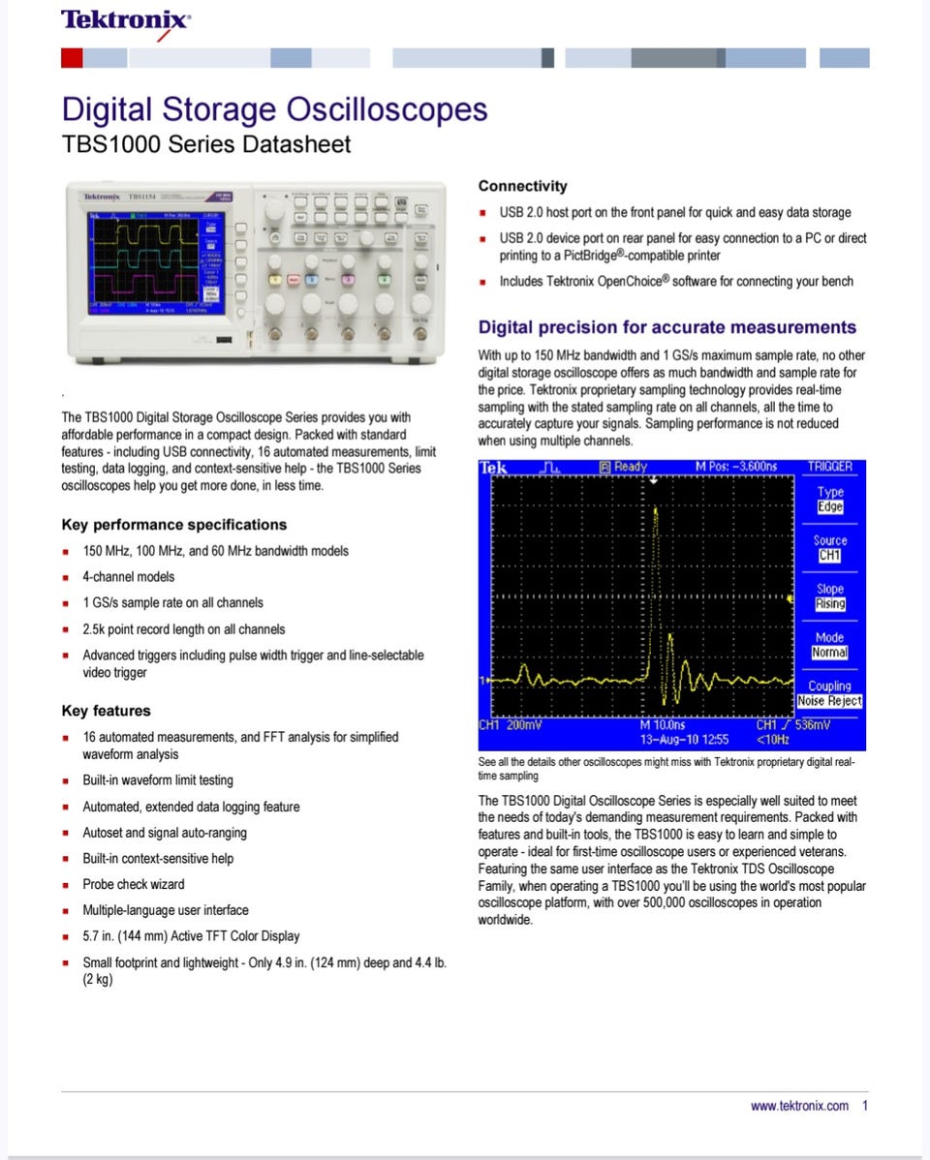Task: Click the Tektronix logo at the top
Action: tap(125, 21)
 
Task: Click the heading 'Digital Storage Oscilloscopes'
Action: tap(274, 109)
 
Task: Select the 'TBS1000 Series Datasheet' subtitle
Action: tap(205, 145)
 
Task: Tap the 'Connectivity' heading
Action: tap(522, 186)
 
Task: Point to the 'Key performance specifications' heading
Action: tap(174, 525)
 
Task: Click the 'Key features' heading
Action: tap(106, 711)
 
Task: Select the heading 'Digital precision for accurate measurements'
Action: tap(667, 327)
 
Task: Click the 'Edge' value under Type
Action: tap(830, 507)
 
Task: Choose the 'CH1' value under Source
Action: tap(830, 556)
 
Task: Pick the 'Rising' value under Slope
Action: tap(830, 604)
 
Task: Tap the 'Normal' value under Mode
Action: tap(830, 653)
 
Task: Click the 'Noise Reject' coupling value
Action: tap(830, 701)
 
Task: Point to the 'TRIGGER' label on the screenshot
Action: tap(830, 467)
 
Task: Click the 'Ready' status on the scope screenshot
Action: tap(630, 467)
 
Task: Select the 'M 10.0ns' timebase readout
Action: tap(663, 724)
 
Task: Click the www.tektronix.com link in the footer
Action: tap(799, 1106)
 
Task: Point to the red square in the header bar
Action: tap(72, 58)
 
